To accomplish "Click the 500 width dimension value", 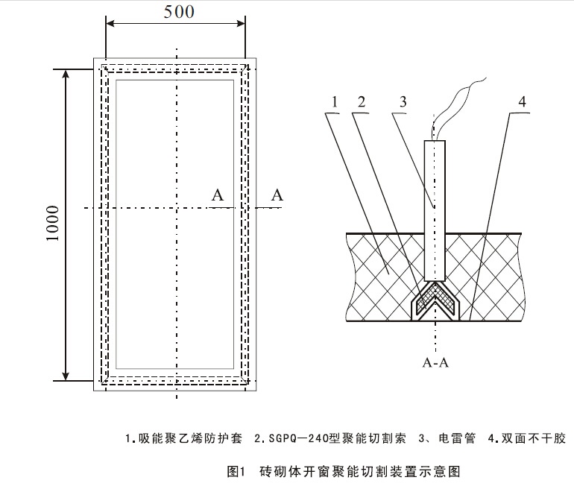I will pos(177,11).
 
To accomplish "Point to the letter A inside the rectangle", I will pos(218,195).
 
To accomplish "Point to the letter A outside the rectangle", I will pos(277,195).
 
